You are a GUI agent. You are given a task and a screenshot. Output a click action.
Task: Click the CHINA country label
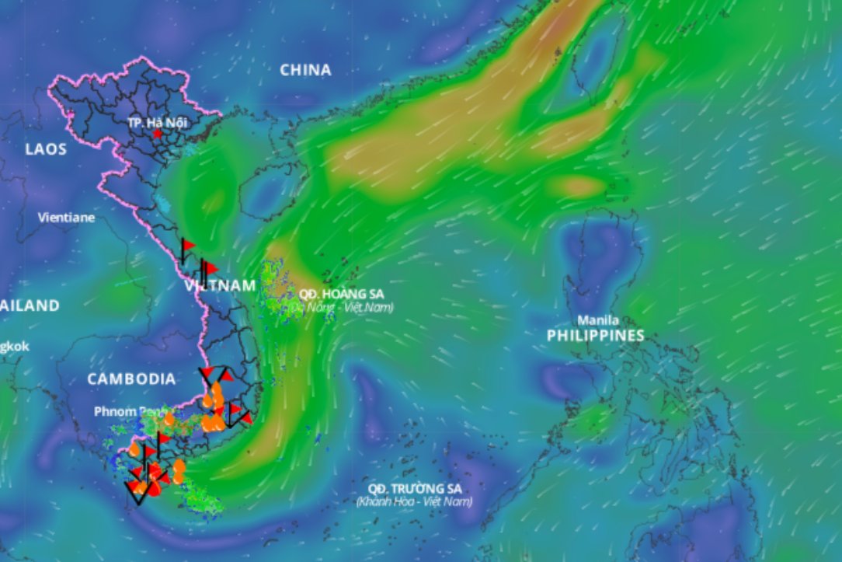305,70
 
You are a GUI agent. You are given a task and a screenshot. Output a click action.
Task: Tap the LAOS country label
46,148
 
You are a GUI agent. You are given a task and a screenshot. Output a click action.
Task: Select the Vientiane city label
66,218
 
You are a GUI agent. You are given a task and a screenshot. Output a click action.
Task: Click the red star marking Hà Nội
158,134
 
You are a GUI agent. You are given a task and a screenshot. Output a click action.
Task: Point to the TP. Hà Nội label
158,122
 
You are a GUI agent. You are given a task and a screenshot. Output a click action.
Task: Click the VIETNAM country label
221,286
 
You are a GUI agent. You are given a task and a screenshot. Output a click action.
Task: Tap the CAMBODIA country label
130,379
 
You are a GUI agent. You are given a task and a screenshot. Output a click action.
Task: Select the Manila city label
598,320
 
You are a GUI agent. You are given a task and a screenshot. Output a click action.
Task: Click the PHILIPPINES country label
595,336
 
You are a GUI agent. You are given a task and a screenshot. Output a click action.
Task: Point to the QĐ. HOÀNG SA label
341,295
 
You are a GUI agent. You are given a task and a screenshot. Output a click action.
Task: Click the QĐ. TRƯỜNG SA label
415,488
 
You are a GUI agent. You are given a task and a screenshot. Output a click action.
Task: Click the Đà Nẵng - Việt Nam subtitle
342,308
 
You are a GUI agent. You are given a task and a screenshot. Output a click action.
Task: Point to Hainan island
268,190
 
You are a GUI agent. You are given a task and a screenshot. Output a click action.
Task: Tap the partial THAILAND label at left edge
29,305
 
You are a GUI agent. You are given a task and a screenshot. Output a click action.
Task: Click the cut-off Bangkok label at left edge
14,347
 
